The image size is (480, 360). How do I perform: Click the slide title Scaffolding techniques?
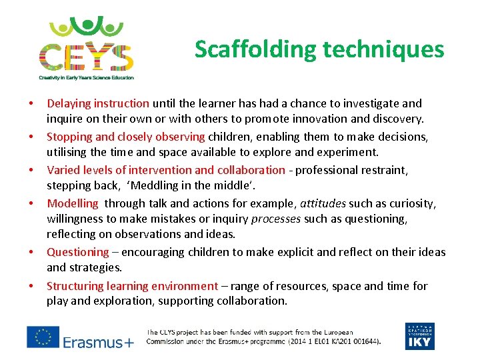(319, 49)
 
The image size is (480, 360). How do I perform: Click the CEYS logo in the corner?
(86, 48)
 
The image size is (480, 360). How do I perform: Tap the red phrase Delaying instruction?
(98, 103)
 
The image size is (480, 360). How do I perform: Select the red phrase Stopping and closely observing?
(125, 137)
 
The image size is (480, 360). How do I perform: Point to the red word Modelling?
(73, 203)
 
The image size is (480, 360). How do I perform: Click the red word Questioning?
(77, 252)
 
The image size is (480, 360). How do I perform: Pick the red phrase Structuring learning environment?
(132, 286)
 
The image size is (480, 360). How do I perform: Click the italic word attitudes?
(322, 203)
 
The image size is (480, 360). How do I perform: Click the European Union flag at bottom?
(43, 337)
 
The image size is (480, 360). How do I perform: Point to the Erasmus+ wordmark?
(99, 343)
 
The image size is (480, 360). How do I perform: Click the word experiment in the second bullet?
(351, 152)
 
